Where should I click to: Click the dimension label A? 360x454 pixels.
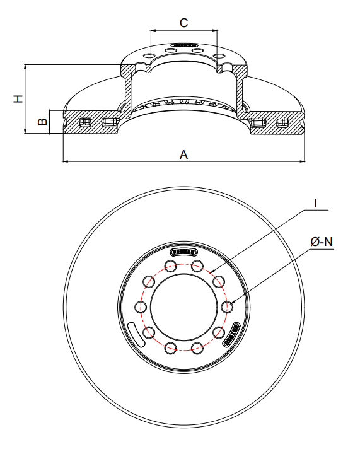coord(183,154)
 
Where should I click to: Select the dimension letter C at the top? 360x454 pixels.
coord(183,23)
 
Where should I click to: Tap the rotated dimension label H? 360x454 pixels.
coord(18,98)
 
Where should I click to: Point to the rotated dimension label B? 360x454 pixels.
coord(42,122)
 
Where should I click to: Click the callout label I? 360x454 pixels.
coord(315,204)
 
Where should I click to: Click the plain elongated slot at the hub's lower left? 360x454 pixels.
coord(137,332)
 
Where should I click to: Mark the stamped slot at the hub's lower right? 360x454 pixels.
coord(231,334)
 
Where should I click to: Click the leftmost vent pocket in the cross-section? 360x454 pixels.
coord(85,122)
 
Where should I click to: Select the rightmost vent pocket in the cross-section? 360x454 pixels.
coord(282,122)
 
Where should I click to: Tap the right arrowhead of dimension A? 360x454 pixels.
coord(302,161)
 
